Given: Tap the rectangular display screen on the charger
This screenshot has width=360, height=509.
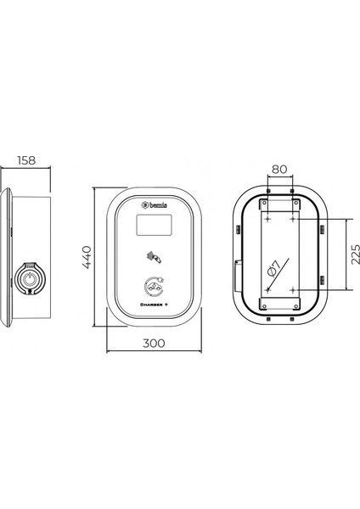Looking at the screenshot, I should (154, 225).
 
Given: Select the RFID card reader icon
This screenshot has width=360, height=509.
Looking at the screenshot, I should (153, 255).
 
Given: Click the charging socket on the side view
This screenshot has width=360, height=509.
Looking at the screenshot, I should (29, 277).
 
